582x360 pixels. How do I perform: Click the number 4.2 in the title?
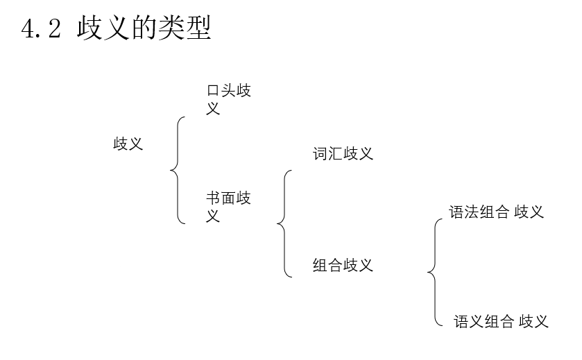(x=42, y=29)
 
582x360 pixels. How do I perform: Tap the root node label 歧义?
(x=128, y=144)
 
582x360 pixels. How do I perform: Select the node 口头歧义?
(x=228, y=99)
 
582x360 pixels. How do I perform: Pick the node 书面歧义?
(x=228, y=207)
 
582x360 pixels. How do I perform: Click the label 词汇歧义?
(x=343, y=153)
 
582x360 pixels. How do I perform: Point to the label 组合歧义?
(x=343, y=265)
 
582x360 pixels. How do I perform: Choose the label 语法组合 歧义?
(x=496, y=212)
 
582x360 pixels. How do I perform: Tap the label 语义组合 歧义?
(x=501, y=321)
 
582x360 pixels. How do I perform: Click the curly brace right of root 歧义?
(x=178, y=170)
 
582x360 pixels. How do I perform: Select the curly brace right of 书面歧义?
(x=284, y=223)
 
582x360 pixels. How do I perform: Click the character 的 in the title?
(x=144, y=29)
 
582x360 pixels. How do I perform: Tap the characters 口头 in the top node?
(x=221, y=91)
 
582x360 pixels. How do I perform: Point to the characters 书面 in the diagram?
(x=221, y=198)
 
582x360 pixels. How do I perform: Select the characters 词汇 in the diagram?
(x=327, y=153)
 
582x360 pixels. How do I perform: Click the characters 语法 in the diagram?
(x=464, y=212)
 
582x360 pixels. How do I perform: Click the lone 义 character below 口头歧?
(x=214, y=108)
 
